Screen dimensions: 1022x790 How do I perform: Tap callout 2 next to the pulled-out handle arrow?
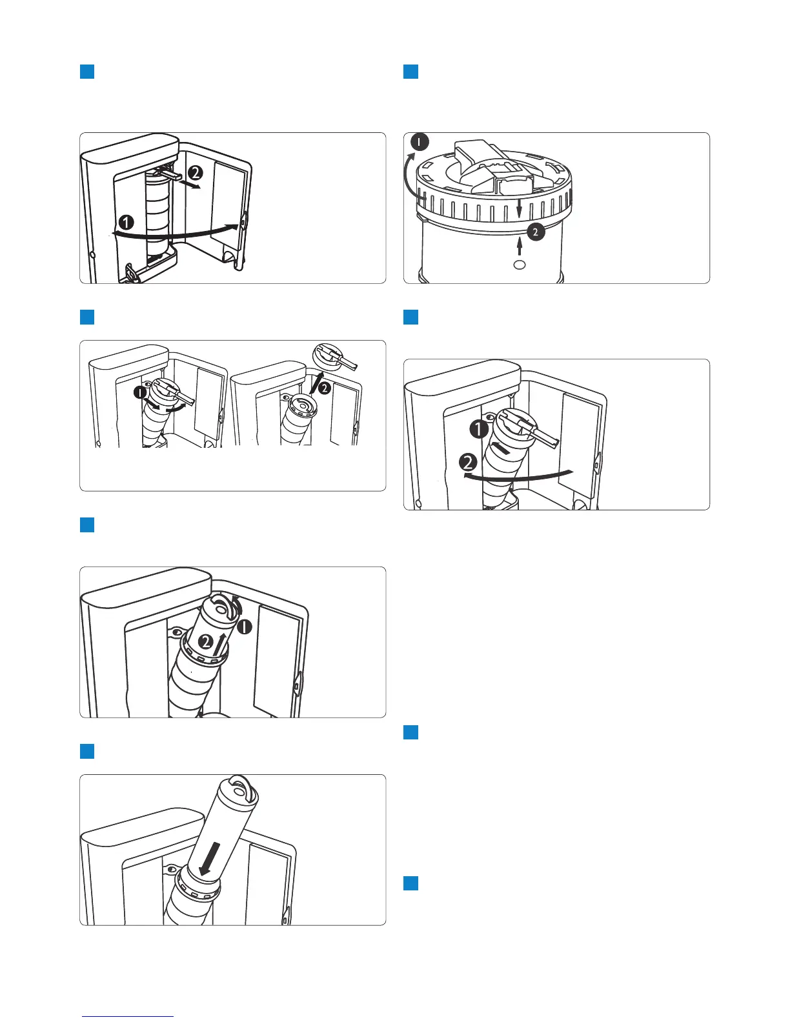tap(196, 173)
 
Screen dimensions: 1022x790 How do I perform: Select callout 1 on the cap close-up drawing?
tap(420, 142)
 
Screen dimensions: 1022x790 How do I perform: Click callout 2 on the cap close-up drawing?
tap(535, 232)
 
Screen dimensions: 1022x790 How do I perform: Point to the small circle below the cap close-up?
tap(520, 265)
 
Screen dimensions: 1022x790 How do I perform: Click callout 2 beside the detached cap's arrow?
tap(325, 388)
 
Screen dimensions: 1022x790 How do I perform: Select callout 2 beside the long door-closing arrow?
tap(469, 462)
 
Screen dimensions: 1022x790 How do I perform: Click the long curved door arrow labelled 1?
tap(174, 234)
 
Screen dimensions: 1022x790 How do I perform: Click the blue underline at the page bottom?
tap(128, 1016)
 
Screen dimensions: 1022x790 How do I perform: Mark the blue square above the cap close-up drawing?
tap(410, 71)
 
